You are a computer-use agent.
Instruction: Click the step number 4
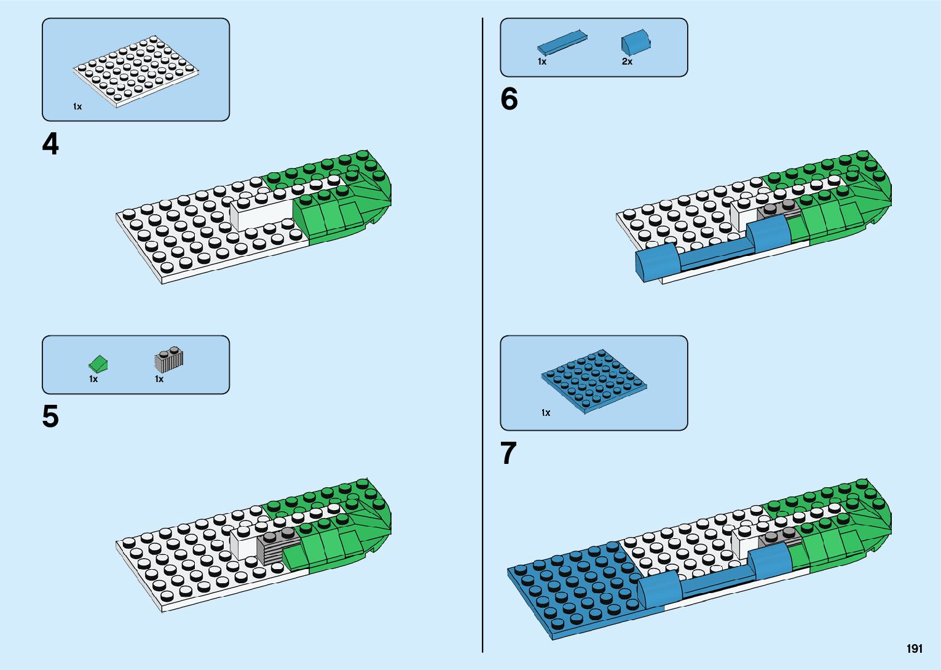(50, 145)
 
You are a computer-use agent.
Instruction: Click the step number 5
(50, 417)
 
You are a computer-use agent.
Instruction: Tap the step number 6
(509, 99)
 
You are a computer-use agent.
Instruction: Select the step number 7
(508, 453)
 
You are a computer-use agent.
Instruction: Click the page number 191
(914, 648)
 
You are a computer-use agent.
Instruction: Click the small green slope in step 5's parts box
(98, 364)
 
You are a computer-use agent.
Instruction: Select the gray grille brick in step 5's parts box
(169, 360)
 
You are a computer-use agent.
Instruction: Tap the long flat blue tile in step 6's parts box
(562, 42)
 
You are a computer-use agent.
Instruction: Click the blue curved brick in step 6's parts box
(636, 42)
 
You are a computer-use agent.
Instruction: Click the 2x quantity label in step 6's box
(627, 62)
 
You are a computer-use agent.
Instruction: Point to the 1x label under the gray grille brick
(159, 379)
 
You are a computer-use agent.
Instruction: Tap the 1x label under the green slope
(93, 379)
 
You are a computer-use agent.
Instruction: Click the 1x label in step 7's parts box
(546, 413)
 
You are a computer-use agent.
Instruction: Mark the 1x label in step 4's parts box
(77, 106)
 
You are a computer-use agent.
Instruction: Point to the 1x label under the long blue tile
(542, 62)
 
